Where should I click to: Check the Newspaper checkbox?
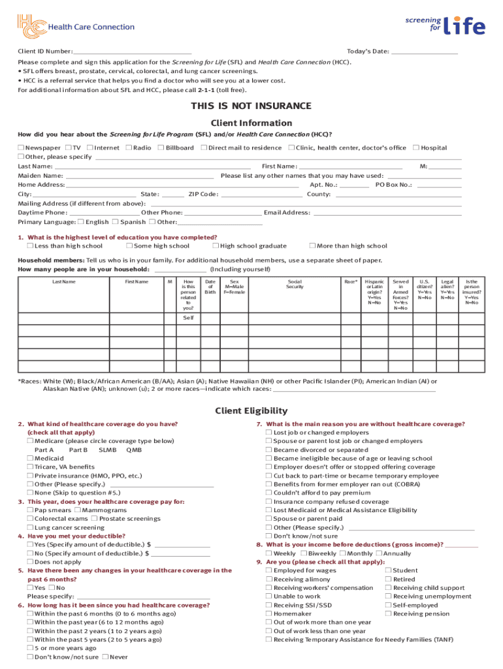(x=21, y=148)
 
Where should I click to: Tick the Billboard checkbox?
(x=161, y=148)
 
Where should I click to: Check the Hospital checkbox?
(x=416, y=148)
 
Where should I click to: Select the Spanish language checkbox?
(x=116, y=222)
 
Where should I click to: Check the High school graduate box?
(x=216, y=246)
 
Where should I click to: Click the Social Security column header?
(x=295, y=284)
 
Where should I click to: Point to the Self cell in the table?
(x=188, y=318)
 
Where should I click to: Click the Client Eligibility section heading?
(x=251, y=411)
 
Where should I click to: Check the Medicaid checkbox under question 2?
(x=30, y=459)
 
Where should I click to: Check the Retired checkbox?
(x=388, y=579)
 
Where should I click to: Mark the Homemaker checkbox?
(x=268, y=614)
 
